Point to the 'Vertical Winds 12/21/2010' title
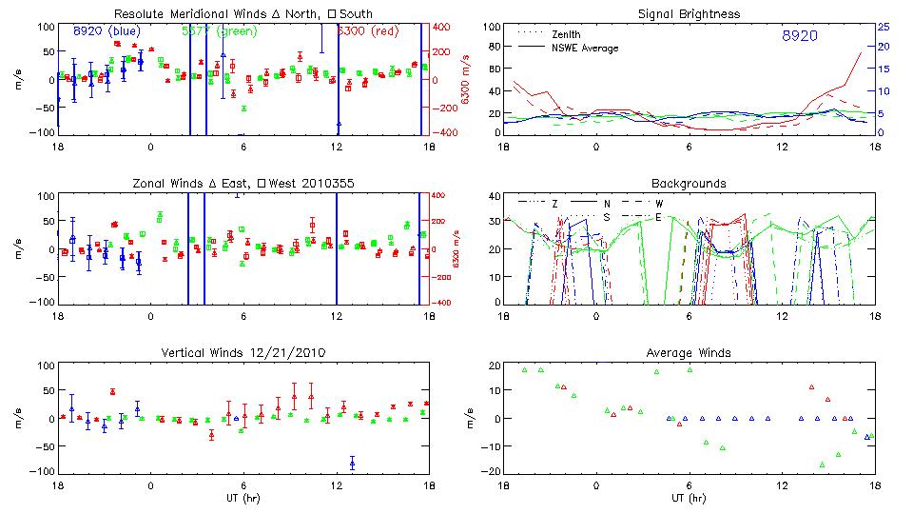tap(243, 352)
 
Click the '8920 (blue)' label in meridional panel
tap(107, 31)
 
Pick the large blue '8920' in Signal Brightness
tap(799, 35)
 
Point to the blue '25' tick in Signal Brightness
tap(883, 27)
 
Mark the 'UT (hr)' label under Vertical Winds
tap(243, 497)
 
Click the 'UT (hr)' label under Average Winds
tap(690, 497)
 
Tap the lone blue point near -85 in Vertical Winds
tap(352, 464)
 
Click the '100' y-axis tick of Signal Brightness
tap(489, 27)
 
